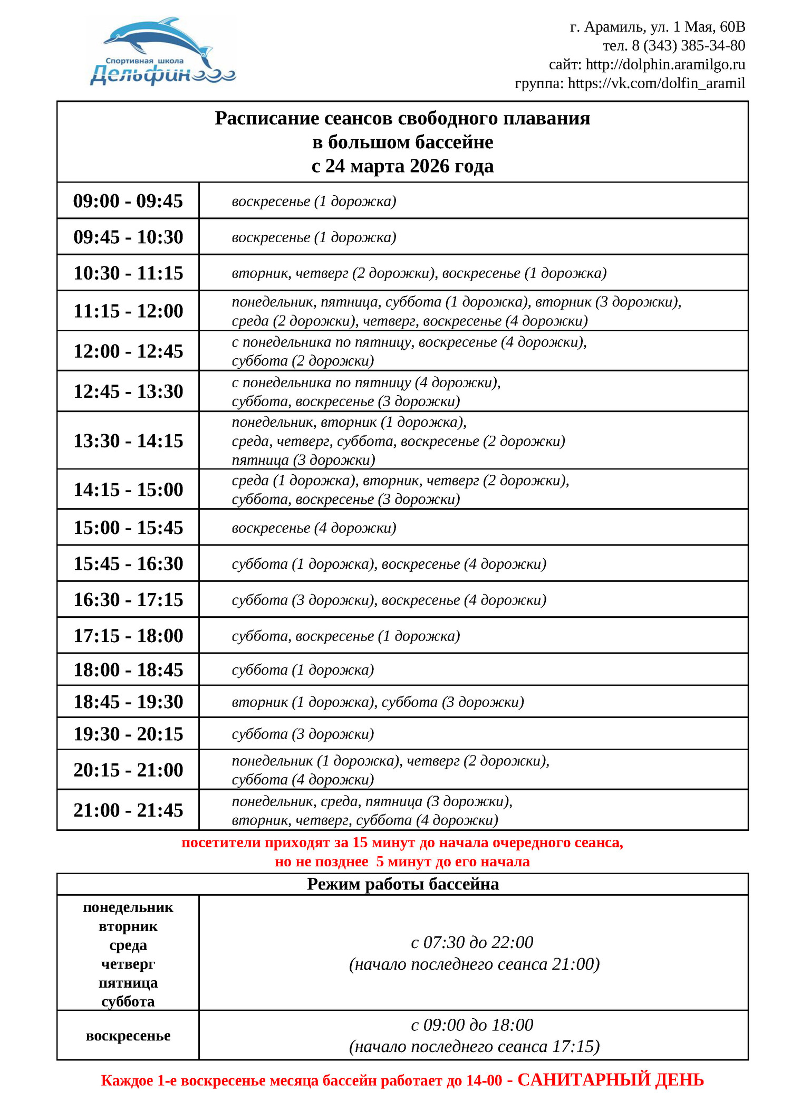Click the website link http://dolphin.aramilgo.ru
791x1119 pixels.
(x=665, y=64)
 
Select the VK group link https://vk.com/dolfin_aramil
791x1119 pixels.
(x=656, y=83)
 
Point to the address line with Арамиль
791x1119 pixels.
(x=657, y=27)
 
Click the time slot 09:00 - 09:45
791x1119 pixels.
(x=128, y=201)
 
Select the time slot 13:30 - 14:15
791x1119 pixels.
(x=128, y=441)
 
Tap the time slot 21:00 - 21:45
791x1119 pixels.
(x=128, y=810)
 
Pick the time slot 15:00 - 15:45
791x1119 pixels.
(x=128, y=528)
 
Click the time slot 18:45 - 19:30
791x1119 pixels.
(x=128, y=702)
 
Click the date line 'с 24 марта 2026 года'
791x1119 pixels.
(x=402, y=166)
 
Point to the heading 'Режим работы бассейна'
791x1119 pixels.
(x=402, y=884)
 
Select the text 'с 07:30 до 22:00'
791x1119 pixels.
(x=472, y=942)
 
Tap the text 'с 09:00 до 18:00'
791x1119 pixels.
(x=472, y=1025)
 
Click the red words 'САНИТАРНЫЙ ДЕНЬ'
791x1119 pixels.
(x=610, y=1080)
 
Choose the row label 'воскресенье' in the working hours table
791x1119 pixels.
(x=128, y=1036)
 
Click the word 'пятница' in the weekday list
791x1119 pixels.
(x=128, y=983)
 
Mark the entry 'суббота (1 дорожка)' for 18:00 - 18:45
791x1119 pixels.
(x=303, y=670)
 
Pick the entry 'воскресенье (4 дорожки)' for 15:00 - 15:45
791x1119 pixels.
(x=314, y=528)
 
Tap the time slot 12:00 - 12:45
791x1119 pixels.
(x=128, y=351)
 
